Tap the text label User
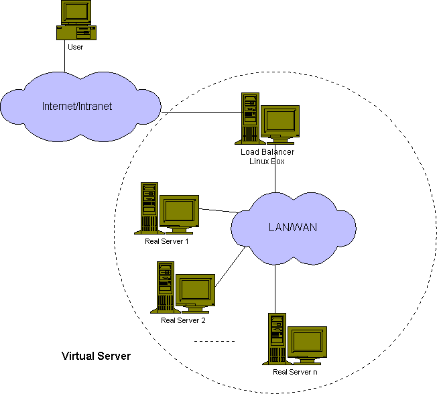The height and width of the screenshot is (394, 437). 75,47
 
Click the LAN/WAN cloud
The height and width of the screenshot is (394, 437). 292,227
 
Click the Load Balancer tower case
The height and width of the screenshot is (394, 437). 250,118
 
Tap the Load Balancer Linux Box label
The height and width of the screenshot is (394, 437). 267,156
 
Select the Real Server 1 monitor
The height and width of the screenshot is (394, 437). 178,211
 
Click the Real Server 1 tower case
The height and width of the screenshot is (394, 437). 149,208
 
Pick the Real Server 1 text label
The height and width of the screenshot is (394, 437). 166,241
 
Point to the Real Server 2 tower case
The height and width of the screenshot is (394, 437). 165,287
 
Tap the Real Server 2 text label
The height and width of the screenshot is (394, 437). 183,320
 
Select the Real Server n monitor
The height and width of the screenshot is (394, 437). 307,342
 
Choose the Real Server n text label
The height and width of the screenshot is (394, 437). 296,371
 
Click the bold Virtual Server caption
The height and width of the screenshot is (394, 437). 96,356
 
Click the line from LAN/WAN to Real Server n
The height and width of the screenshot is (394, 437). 275,288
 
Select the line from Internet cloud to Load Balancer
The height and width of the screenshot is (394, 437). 201,112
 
